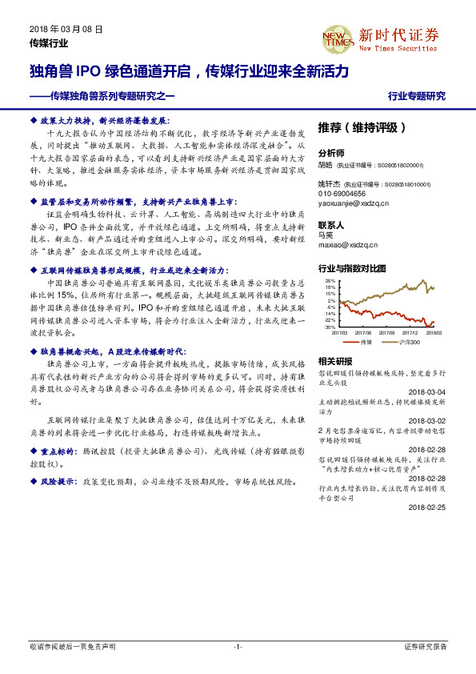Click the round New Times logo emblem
coord(334,37)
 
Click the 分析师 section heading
coord(331,152)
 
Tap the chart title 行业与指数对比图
coord(352,268)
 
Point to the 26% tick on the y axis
coord(330,282)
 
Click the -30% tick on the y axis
coord(330,327)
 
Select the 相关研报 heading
coord(334,360)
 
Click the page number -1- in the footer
coord(237,646)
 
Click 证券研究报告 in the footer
coord(426,646)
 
